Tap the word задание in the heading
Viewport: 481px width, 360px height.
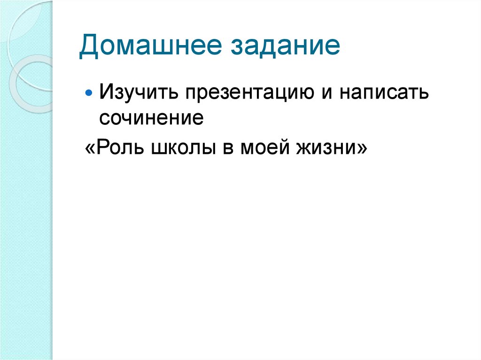pos(284,48)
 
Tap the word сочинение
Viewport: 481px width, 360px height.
pos(151,117)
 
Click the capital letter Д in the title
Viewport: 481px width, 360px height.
pos(89,48)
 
